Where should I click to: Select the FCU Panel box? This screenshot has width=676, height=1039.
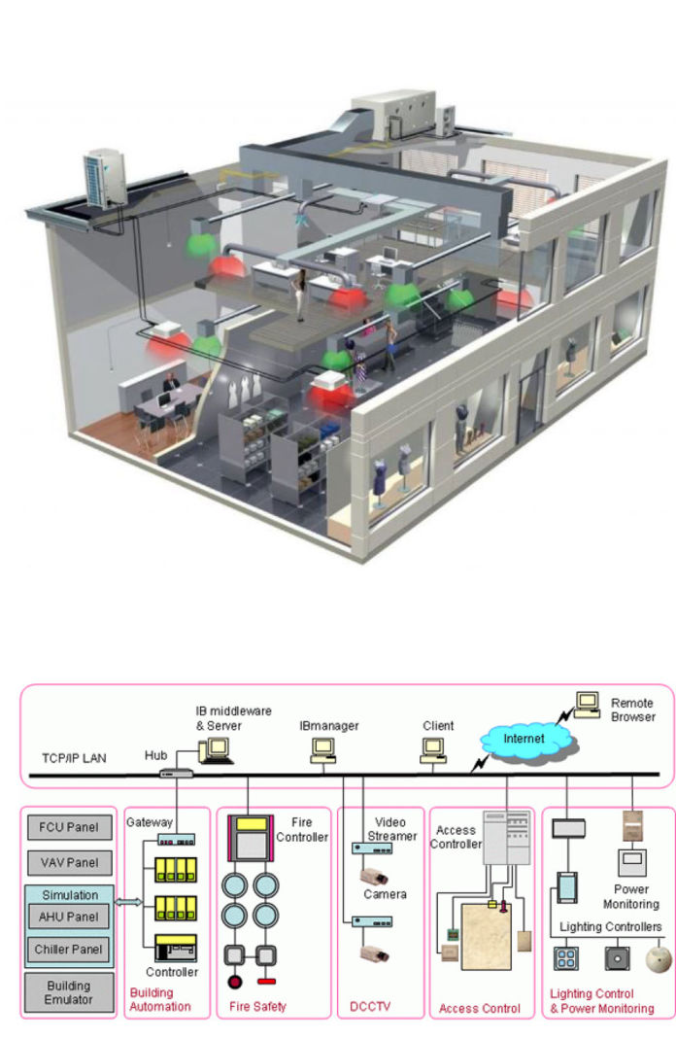[x=68, y=829]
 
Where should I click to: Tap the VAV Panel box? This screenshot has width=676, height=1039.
[x=68, y=862]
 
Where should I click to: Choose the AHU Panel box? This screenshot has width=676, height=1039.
[x=68, y=917]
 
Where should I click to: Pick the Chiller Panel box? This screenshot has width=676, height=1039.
[x=68, y=948]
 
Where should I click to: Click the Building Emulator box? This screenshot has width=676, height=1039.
[x=68, y=992]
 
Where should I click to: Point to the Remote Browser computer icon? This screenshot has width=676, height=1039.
[x=587, y=704]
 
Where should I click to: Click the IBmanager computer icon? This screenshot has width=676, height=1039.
[x=322, y=748]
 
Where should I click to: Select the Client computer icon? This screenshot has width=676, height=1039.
[x=433, y=748]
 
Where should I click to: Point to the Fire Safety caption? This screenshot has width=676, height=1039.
[x=258, y=1007]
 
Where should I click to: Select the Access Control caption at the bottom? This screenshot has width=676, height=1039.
[x=480, y=1008]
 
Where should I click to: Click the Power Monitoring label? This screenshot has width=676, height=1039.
[x=630, y=895]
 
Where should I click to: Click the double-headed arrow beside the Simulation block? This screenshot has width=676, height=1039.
[x=128, y=903]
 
